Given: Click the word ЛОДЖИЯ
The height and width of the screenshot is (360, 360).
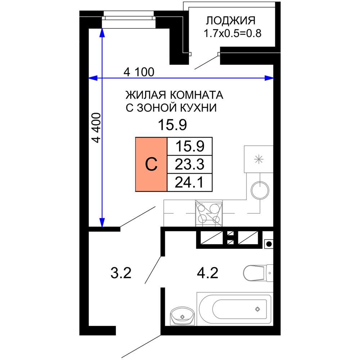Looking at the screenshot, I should (231, 20).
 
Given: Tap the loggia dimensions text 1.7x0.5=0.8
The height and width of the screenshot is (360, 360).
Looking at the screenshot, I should (232, 34).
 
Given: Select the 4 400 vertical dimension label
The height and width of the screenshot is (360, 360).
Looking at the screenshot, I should (96, 128).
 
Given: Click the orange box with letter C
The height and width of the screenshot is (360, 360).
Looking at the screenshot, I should (151, 165).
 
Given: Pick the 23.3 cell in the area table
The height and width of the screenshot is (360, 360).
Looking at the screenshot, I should (190, 165).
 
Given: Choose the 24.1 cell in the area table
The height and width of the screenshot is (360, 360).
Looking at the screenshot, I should (190, 183).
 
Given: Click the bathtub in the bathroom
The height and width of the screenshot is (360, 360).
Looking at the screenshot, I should (234, 309).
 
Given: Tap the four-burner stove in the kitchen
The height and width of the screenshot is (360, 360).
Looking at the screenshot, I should (209, 213).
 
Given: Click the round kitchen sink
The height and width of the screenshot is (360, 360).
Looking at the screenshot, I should (260, 190).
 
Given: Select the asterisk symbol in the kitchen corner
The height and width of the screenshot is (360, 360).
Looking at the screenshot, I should (258, 159).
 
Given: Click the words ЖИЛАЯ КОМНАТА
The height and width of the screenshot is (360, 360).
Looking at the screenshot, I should (174, 95).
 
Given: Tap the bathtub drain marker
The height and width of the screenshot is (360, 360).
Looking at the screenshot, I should (257, 309).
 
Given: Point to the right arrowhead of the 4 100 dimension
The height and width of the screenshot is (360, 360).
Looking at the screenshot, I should (269, 78).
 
